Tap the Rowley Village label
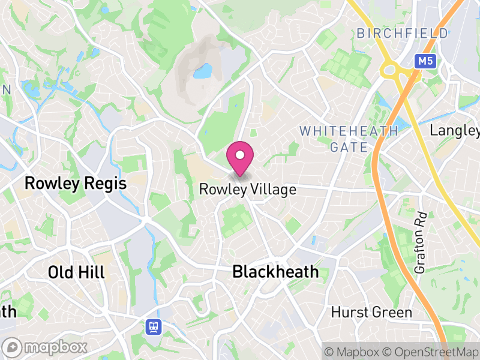tap(248, 190)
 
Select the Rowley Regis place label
tap(76, 184)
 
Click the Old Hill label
tap(76, 272)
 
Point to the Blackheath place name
tap(275, 272)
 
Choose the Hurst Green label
tap(372, 313)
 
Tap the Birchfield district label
tap(403, 34)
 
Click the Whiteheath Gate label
tap(349, 139)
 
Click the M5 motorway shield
tap(425, 61)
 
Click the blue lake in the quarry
tap(203, 72)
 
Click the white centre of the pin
tap(240, 155)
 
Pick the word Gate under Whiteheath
tap(349, 147)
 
